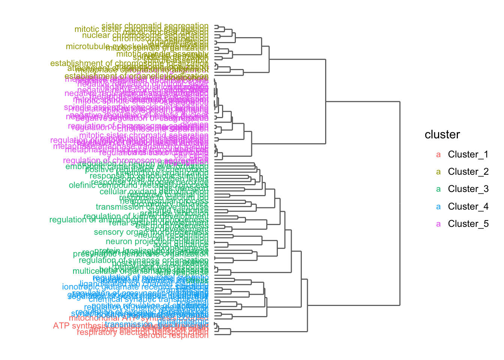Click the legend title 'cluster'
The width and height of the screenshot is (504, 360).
coord(442,135)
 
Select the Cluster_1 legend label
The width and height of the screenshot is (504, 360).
coord(468,154)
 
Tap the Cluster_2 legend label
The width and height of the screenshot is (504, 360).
coord(468,172)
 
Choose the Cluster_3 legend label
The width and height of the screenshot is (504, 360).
coord(468,189)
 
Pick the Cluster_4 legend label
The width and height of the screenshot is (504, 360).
coord(468,207)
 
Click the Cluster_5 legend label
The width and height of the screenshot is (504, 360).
coord(468,224)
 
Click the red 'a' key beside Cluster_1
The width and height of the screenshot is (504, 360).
coord(439,154)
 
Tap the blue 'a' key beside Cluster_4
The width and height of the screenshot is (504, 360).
coord(439,207)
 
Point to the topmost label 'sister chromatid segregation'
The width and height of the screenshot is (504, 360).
coord(155,26)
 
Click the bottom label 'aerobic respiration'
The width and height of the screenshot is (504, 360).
coord(173,335)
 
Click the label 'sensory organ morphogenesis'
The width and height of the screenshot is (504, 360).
coord(151,232)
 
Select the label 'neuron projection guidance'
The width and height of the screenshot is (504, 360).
coord(157,242)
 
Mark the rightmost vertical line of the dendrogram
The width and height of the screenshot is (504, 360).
coord(400,203)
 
